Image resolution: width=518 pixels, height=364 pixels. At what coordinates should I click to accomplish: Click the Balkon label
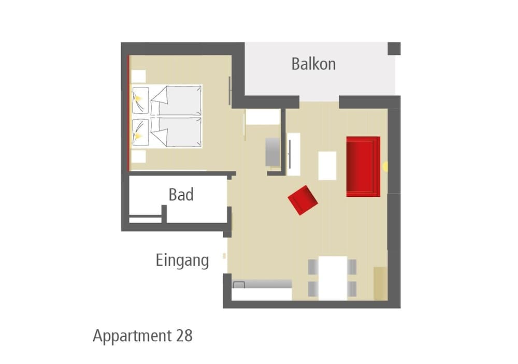[x=313, y=64]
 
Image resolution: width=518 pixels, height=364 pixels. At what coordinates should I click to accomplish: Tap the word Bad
[x=181, y=195]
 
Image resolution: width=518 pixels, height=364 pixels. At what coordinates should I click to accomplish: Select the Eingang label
[x=182, y=260]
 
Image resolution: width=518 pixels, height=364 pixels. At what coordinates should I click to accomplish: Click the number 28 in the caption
[x=184, y=336]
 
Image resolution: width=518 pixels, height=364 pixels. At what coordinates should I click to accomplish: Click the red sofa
[x=363, y=167]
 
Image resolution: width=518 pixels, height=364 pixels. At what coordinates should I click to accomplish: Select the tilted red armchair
[x=303, y=200]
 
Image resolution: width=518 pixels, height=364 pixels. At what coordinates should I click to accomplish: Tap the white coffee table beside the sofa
[x=327, y=166]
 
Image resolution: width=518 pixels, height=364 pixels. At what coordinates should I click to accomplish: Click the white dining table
[x=333, y=278]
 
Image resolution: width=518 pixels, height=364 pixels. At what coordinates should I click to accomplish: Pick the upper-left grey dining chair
[x=313, y=267]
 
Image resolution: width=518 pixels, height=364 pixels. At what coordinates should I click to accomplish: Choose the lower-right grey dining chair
[x=352, y=289]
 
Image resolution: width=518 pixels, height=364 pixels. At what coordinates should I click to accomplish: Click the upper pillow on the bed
[x=140, y=100]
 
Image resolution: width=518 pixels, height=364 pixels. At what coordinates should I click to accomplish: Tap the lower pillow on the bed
[x=140, y=132]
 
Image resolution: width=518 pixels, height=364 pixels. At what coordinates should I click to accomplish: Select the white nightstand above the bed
[x=138, y=76]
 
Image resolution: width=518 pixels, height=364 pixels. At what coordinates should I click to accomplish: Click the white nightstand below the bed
[x=138, y=156]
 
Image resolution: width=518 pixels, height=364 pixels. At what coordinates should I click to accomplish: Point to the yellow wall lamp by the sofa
[x=385, y=167]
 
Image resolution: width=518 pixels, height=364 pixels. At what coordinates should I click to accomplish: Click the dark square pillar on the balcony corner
[x=394, y=49]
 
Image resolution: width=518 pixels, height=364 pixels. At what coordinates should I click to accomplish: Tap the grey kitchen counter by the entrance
[x=262, y=284]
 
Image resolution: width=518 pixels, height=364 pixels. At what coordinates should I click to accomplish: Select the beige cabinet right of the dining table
[x=380, y=283]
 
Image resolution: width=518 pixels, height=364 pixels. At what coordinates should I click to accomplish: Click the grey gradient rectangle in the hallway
[x=273, y=152]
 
